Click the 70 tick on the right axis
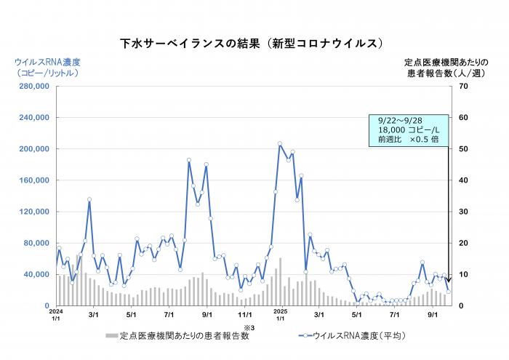[462, 87]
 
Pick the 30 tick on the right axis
[462, 212]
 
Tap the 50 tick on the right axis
[462, 149]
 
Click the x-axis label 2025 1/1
[280, 314]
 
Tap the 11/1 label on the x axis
[245, 315]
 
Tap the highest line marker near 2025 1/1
[280, 144]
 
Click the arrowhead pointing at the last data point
[449, 284]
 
